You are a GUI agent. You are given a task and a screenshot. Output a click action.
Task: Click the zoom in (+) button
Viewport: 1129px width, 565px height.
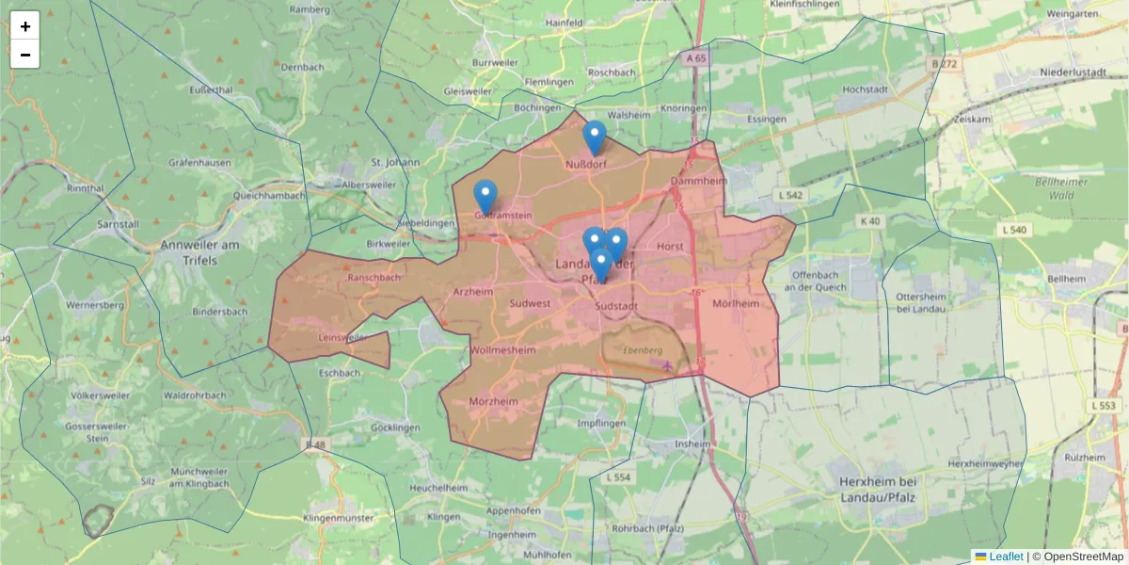pos(25,26)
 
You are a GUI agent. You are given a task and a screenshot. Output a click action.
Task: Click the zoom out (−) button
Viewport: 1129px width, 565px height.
pos(25,55)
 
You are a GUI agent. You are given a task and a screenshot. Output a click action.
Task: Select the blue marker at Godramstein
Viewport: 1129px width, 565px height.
pos(485,197)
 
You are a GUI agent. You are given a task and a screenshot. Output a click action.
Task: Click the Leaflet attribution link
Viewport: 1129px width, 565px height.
pos(1006,557)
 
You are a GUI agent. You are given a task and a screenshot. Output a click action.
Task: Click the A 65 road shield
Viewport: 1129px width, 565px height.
pos(695,58)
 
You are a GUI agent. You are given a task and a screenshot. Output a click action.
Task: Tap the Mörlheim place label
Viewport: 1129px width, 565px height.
pos(736,304)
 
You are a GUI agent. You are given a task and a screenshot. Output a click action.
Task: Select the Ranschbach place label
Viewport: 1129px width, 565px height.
pos(374,278)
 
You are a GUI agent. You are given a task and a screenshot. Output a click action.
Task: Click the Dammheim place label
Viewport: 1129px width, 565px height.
pos(695,181)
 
